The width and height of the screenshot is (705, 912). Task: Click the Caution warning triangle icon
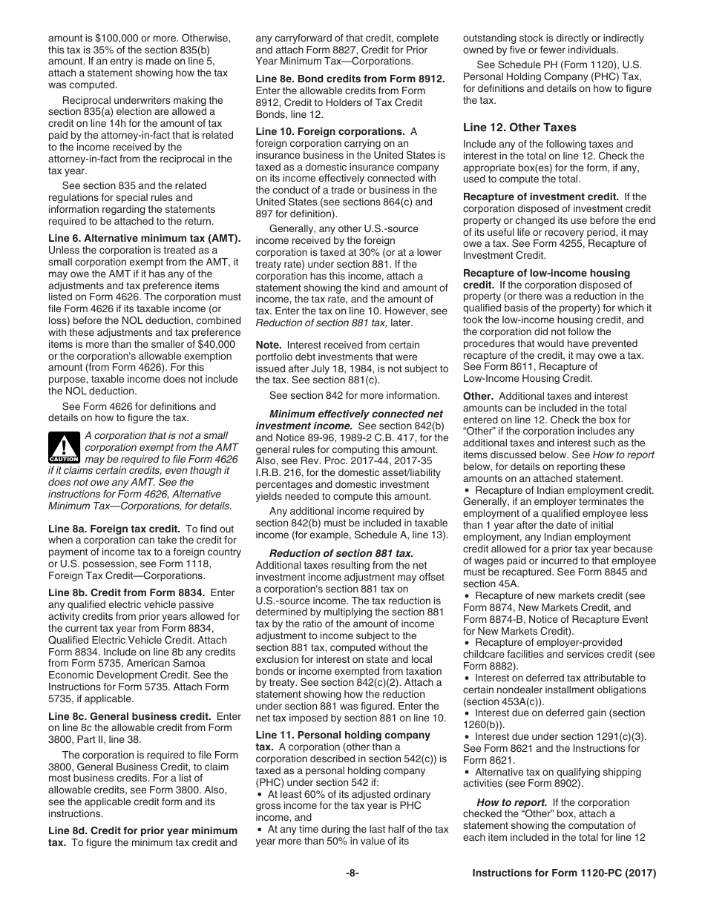point(65,447)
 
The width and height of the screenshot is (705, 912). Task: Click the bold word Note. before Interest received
point(268,346)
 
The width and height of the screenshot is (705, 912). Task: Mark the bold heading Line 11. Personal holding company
point(343,735)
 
